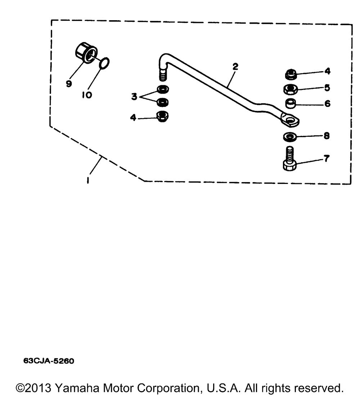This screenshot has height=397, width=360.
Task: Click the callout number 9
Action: point(69,83)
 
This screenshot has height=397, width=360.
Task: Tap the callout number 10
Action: point(87,95)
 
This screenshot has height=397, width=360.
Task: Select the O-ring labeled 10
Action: point(104,63)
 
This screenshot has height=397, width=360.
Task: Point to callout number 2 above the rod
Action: point(235,67)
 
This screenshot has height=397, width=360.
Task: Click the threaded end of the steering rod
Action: point(163,76)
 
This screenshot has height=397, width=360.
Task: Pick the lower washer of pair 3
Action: point(163,102)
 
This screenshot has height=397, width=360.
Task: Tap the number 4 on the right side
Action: point(327,71)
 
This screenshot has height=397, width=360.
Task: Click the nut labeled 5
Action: point(290,89)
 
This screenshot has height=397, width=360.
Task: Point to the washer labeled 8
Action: point(290,137)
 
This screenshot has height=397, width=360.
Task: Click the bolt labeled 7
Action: point(290,160)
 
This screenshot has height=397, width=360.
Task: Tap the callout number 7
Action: point(326,158)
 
